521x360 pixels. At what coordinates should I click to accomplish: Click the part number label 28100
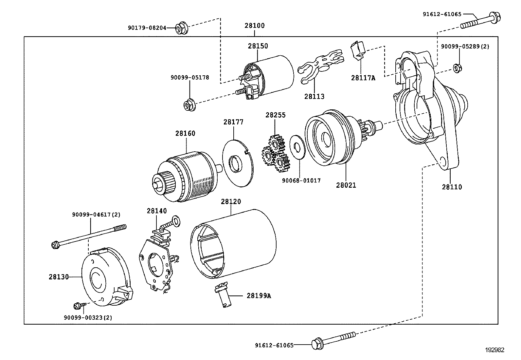255,26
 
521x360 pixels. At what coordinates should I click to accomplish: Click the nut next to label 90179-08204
181,28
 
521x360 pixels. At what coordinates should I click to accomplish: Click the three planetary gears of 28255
276,152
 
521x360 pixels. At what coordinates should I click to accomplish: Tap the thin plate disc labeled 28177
238,163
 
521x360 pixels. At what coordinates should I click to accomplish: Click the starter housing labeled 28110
425,108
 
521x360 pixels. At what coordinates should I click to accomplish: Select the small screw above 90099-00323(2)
78,306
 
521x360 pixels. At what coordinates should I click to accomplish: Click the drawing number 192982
494,350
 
